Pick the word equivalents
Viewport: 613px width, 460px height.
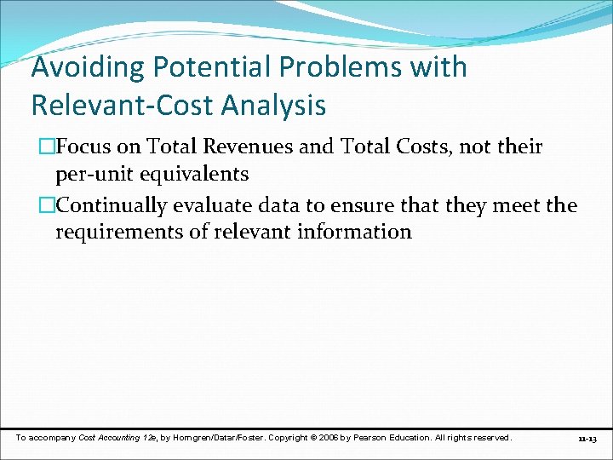pyautogui.click(x=193, y=174)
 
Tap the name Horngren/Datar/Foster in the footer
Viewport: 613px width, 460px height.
pyautogui.click(x=220, y=438)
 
